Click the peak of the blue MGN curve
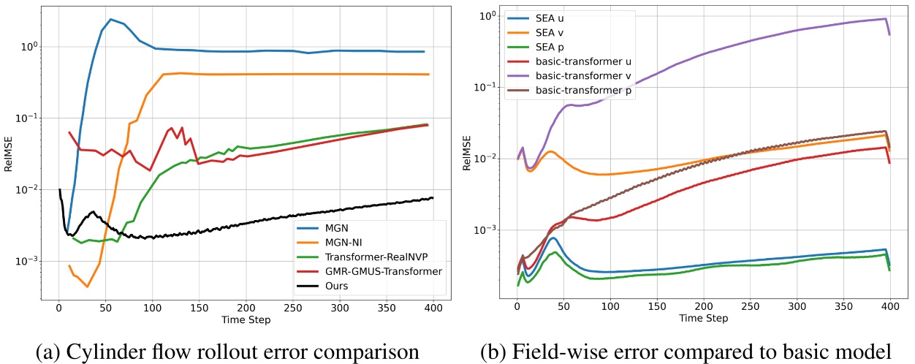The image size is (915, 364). pyautogui.click(x=110, y=19)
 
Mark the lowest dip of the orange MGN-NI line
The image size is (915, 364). pyautogui.click(x=87, y=287)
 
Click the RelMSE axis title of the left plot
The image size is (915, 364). pyautogui.click(x=10, y=154)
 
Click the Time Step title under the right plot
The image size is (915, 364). pyautogui.click(x=702, y=319)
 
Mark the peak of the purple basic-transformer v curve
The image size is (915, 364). pyautogui.click(x=885, y=19)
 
